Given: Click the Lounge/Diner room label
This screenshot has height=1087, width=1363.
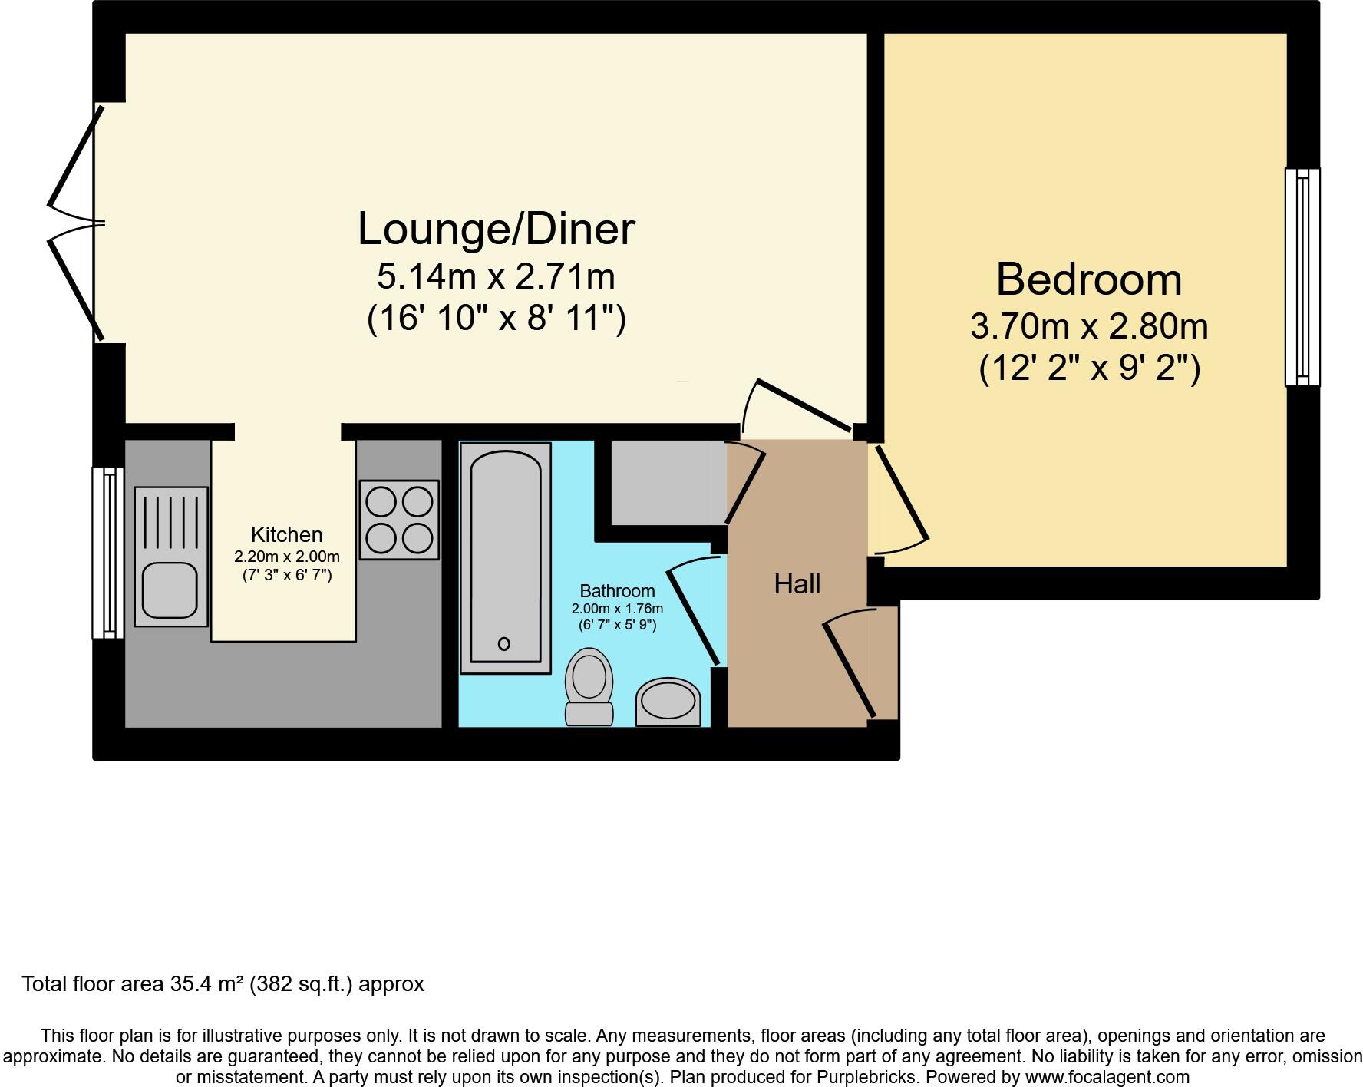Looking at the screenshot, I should coord(496,229).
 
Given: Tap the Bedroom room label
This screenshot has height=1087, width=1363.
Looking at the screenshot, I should coord(1088,279).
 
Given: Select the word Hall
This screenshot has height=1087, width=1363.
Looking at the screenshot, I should coord(797,584).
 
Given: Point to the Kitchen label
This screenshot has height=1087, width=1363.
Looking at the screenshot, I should coord(286,534).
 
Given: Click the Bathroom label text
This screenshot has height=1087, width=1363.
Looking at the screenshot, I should coord(617,591).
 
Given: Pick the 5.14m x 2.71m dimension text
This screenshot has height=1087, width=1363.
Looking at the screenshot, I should coord(496,276).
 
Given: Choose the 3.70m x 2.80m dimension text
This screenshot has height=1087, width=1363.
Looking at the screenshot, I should coord(1088,327).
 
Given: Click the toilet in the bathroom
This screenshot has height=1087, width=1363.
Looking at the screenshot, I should coord(589,686).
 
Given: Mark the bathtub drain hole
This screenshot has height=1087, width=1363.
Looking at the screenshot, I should coord(504,643).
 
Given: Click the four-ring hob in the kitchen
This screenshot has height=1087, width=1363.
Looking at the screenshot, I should coord(399,520).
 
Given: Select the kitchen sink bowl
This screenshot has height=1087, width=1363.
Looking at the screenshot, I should coord(170,590).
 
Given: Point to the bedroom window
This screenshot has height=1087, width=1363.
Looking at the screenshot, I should coord(1302,277).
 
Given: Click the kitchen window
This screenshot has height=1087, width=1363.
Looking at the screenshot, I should coord(108,553).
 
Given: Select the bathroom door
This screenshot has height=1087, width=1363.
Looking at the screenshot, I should coord(695,610).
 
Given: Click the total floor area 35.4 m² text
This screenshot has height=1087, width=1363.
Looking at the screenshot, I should coord(223,984).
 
